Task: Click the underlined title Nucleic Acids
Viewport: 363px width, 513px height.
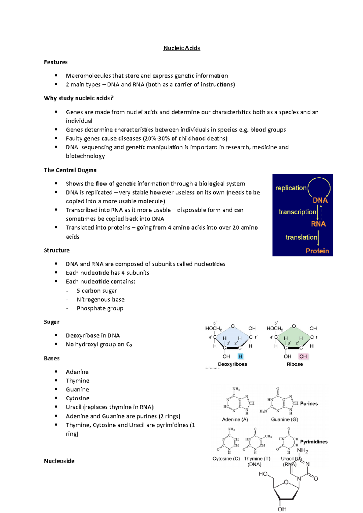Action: tap(181, 48)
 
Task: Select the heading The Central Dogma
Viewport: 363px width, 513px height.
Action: tap(70, 170)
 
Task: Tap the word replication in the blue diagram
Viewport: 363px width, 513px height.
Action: tap(291, 188)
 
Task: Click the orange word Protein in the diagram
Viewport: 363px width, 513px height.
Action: tap(317, 251)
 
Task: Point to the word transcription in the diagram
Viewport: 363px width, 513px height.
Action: tap(297, 212)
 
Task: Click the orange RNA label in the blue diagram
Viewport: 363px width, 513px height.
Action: tap(318, 224)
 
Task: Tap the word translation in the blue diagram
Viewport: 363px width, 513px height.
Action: tap(301, 237)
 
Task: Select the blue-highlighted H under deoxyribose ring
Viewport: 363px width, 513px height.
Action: tap(240, 357)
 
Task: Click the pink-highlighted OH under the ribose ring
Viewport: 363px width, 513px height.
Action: tap(303, 357)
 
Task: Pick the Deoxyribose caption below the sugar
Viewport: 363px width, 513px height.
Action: tap(232, 364)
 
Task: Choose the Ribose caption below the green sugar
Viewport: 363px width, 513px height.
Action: tap(295, 364)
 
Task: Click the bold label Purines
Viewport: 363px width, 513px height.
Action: tap(309, 404)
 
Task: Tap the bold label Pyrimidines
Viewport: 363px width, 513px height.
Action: tap(314, 442)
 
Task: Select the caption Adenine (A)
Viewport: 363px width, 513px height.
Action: tap(235, 419)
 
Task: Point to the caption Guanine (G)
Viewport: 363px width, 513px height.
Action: tap(284, 419)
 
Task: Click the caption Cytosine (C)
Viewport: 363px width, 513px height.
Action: tap(226, 459)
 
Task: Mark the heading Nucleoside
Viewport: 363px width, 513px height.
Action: tap(59, 461)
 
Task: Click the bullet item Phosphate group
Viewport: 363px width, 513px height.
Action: tap(100, 308)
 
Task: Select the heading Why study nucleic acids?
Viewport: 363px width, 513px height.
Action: tap(79, 98)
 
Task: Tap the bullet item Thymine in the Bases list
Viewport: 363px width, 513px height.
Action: tap(77, 381)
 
